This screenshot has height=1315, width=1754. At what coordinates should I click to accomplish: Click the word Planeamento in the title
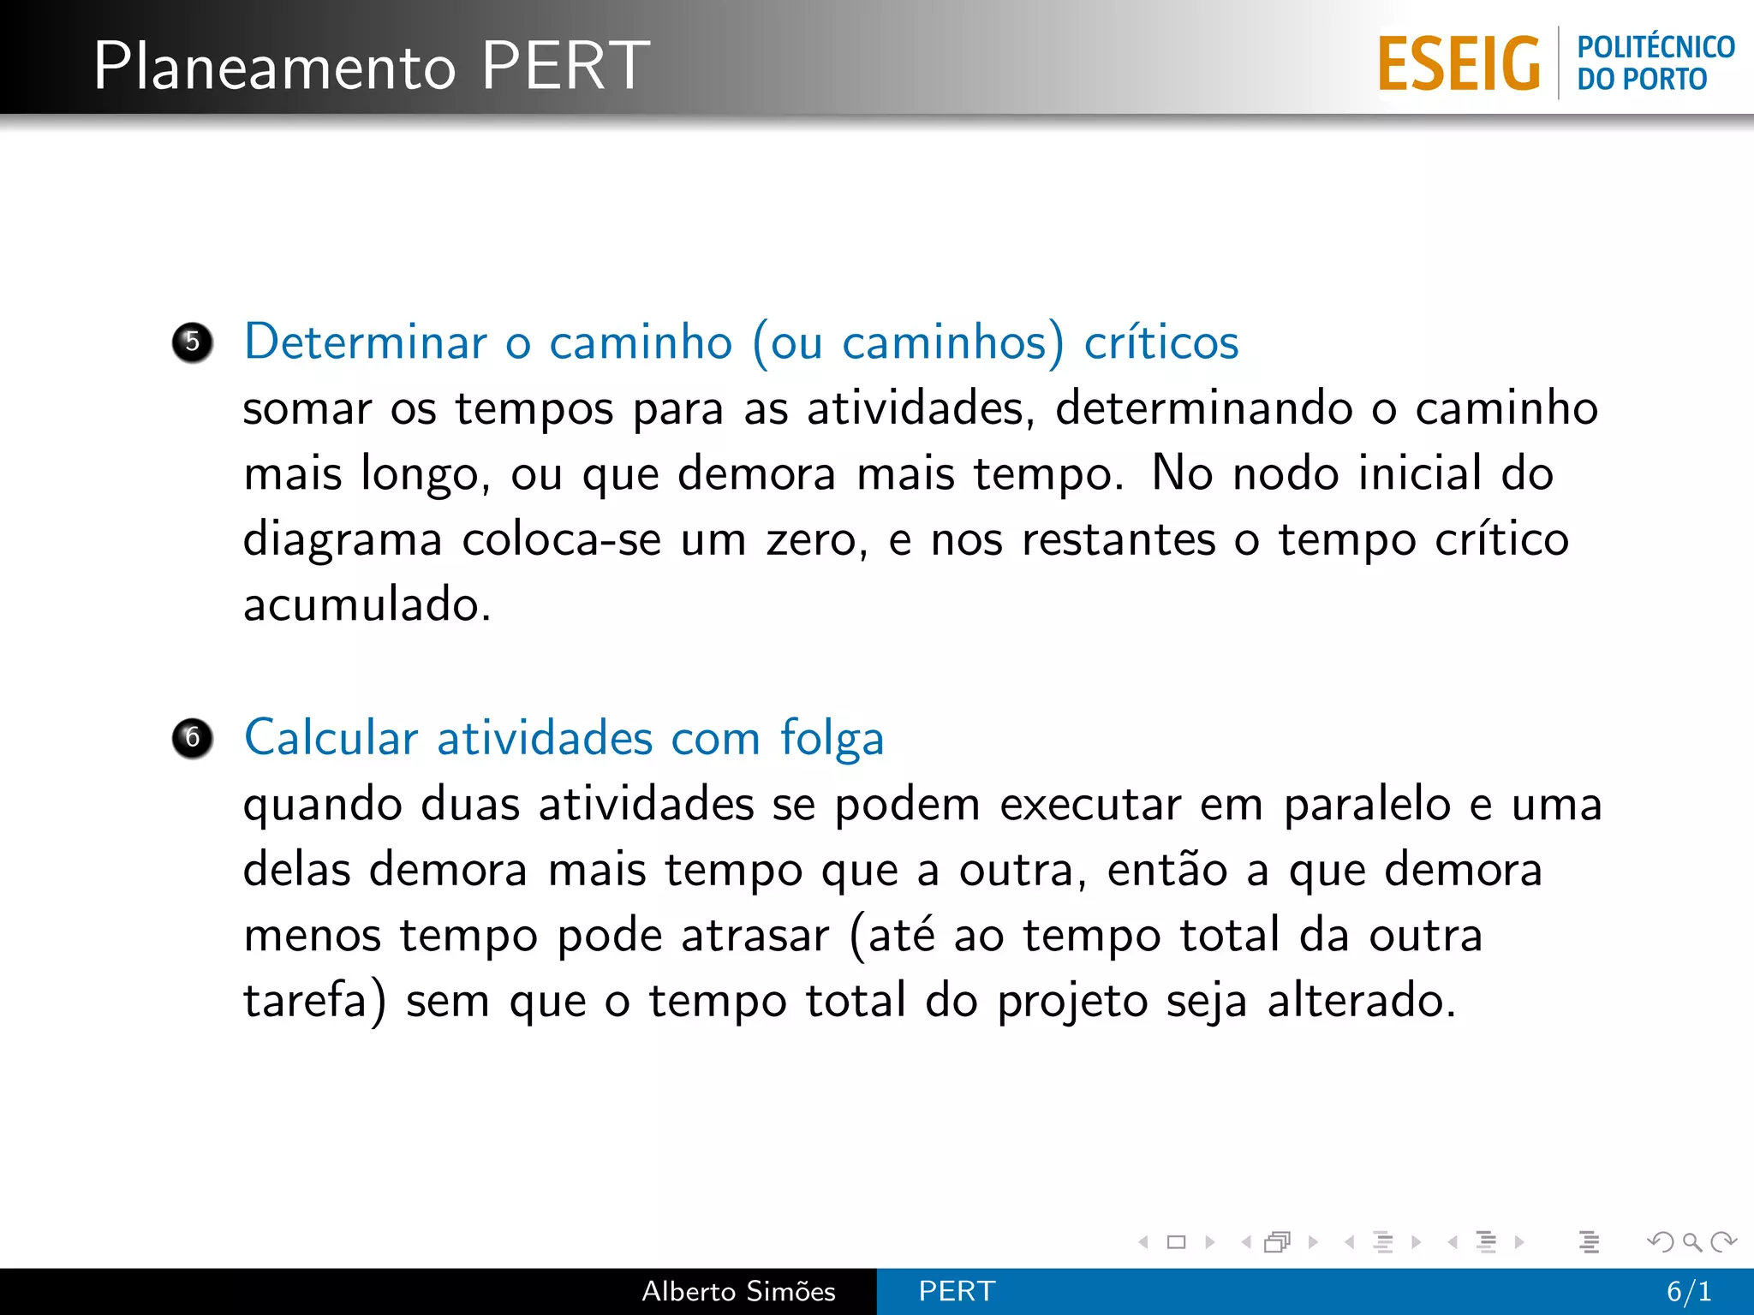coord(275,67)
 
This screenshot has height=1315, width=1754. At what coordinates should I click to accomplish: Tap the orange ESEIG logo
coord(1459,63)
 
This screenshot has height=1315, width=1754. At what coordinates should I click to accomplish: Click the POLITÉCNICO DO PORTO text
coord(1655,62)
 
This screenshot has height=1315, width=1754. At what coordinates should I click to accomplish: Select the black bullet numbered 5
coord(193,342)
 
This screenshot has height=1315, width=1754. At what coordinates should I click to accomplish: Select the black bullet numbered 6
coord(193,738)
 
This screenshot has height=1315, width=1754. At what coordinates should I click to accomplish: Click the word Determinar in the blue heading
coord(366,342)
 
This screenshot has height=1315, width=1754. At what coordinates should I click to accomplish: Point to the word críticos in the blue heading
coord(1160,342)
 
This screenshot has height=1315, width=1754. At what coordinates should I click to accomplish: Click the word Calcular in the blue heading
coord(331,737)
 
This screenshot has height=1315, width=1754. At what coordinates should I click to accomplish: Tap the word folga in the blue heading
coord(832,739)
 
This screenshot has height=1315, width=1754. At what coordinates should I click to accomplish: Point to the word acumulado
coord(367,604)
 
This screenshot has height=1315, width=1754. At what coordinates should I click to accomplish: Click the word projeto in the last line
coord(1072,1002)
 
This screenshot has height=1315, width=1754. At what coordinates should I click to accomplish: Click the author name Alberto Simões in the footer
coord(738,1291)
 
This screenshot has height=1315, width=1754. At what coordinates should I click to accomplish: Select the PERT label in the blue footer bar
coord(957,1291)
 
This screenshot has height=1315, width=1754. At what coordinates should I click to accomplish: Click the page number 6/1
coord(1689,1291)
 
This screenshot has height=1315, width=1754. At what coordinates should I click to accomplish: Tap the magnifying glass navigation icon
coord(1691,1241)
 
